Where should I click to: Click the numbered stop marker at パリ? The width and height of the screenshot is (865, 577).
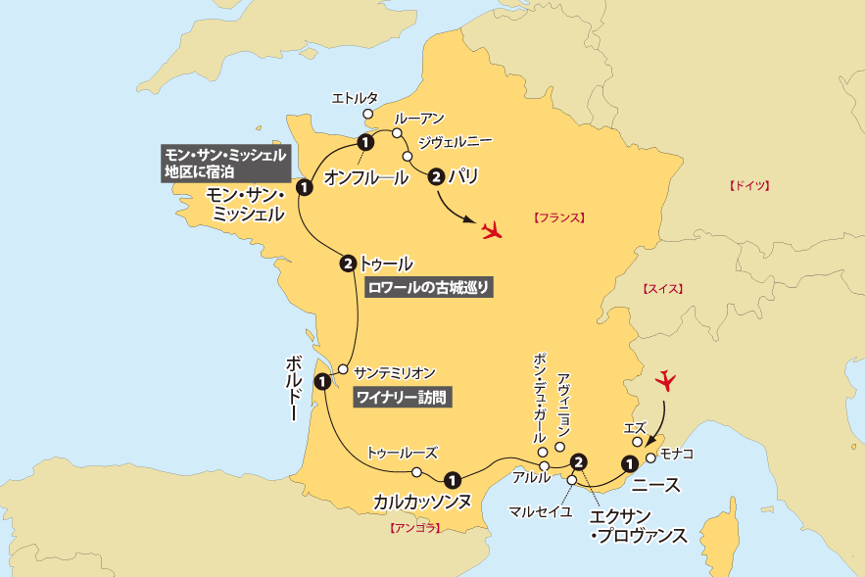coord(436,177)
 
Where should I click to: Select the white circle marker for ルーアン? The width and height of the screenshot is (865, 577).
coord(398,133)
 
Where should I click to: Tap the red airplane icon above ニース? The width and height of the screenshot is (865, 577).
coord(668,378)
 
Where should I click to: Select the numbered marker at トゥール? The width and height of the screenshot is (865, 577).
coord(348,263)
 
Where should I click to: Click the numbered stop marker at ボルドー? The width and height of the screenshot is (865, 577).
coord(321,381)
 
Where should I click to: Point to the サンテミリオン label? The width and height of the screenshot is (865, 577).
coord(394,372)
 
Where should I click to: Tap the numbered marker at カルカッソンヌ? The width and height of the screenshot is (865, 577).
coord(452,480)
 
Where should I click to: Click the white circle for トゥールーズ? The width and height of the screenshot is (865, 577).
coord(416,472)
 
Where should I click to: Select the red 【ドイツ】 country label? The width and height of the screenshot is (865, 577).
coord(749,185)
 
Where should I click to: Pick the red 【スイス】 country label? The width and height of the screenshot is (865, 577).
coord(662,289)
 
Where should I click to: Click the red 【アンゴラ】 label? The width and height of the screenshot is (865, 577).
coord(415,528)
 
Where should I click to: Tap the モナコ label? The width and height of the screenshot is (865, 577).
coord(677,455)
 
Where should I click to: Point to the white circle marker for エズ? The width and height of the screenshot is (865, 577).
coord(637,442)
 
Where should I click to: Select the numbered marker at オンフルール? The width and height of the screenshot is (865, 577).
coord(364,144)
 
